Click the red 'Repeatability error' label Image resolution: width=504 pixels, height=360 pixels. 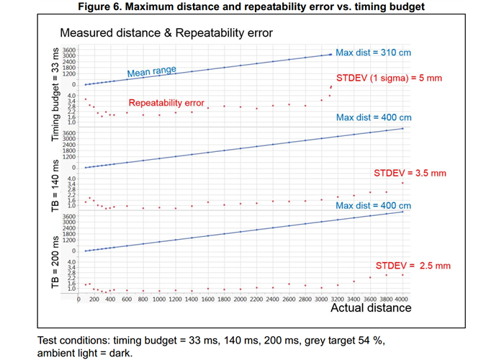coord(166,103)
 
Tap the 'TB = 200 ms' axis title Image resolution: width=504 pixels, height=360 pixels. coord(56,261)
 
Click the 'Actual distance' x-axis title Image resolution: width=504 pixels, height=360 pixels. coord(370,308)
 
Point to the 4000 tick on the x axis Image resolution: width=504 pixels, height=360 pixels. coord(402,299)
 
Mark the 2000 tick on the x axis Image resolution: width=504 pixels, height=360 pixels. coord(240,299)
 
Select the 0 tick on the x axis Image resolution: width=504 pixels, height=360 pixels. coord(78,299)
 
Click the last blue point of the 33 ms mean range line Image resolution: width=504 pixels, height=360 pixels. coord(330,55)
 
